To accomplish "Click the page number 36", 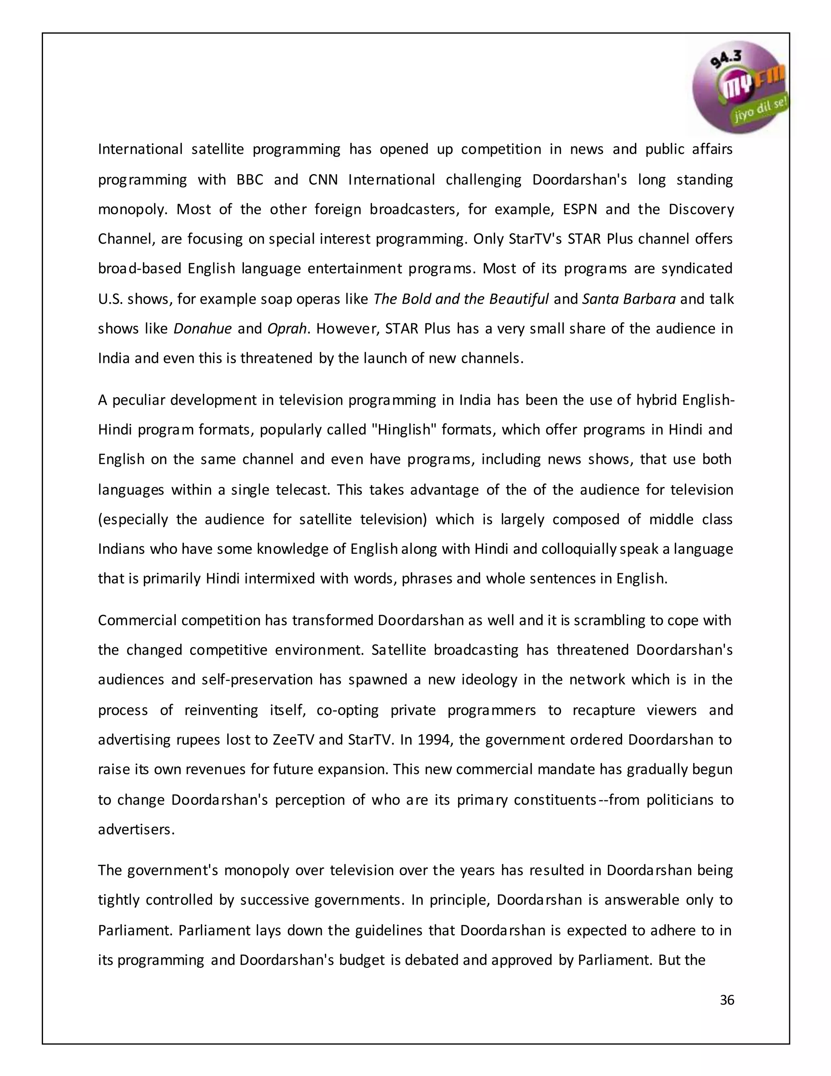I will pos(727,1000).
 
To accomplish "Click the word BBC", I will pos(250,179).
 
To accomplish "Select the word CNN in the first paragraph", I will pos(323,179).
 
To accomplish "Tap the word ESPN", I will pos(580,210).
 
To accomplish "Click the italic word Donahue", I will pos(202,328).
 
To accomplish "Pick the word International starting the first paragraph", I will pos(140,149).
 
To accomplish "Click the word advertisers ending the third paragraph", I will pos(136,830).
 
